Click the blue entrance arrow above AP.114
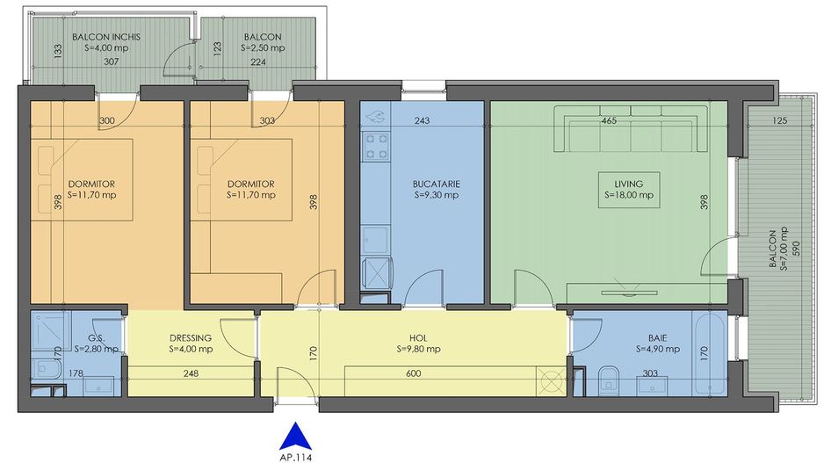tap(296, 436)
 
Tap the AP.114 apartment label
tap(296, 457)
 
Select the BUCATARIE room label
tap(437, 184)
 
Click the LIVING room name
tap(628, 184)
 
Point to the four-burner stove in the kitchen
tap(376, 146)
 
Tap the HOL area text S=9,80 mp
tap(418, 349)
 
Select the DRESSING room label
tap(191, 338)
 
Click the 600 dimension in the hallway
tap(414, 373)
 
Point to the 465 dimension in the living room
tap(609, 121)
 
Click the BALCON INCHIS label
tap(106, 37)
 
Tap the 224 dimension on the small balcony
tap(258, 62)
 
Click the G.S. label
tap(96, 338)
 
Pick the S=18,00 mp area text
tap(628, 195)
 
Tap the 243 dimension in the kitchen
tap(422, 121)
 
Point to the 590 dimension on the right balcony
tap(795, 248)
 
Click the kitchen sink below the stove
tap(376, 240)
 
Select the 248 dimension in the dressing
tap(191, 373)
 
